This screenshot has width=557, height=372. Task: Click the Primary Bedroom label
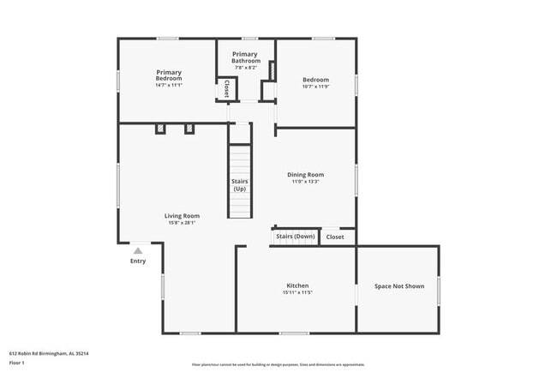pyautogui.click(x=168, y=75)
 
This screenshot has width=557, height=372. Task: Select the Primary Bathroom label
pyautogui.click(x=245, y=57)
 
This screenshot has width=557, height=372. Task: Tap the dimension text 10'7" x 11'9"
pyautogui.click(x=315, y=87)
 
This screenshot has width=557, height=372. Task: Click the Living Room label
pyautogui.click(x=182, y=216)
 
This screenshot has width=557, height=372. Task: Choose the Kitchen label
pyautogui.click(x=297, y=285)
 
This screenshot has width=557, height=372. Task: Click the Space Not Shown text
pyautogui.click(x=398, y=285)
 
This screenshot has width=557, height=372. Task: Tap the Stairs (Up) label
pyautogui.click(x=240, y=185)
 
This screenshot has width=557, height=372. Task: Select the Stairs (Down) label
pyautogui.click(x=295, y=236)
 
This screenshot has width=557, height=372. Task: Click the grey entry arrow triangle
pyautogui.click(x=138, y=251)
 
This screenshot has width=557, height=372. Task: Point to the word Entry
pyautogui.click(x=138, y=261)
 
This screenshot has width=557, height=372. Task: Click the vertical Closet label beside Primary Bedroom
pyautogui.click(x=227, y=88)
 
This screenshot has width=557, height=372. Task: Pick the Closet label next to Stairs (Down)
pyautogui.click(x=335, y=237)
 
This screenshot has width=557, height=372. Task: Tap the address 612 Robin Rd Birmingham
pyautogui.click(x=49, y=352)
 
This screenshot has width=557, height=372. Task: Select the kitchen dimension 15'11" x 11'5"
pyautogui.click(x=297, y=293)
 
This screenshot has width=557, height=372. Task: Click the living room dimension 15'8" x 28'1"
pyautogui.click(x=182, y=223)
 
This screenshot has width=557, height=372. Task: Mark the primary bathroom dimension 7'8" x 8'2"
pyautogui.click(x=245, y=68)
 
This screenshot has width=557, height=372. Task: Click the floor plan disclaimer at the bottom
pyautogui.click(x=278, y=364)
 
